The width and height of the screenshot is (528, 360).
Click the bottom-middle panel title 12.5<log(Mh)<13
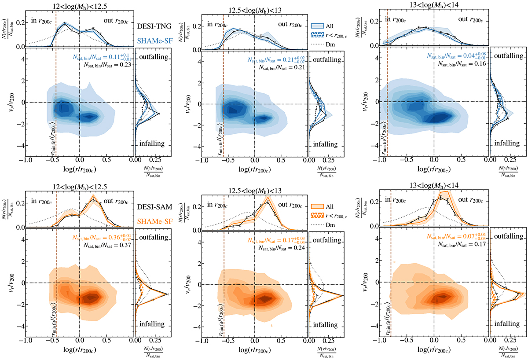(255, 191)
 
